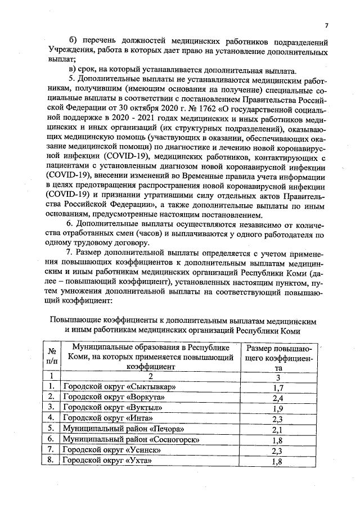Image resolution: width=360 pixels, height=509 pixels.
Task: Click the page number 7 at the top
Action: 326,25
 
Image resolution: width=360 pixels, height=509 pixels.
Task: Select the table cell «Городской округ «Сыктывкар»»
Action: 120,388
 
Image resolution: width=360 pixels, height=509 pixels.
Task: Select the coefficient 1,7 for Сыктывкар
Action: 276,388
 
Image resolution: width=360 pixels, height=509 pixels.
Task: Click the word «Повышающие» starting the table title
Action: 76,319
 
